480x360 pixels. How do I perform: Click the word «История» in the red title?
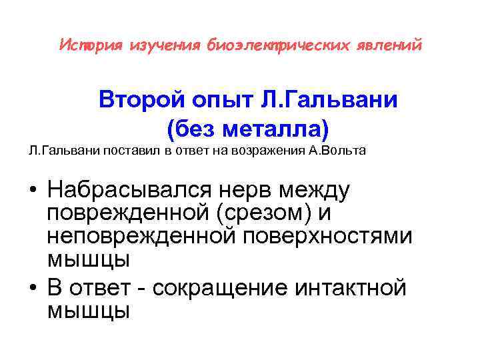point(86,46)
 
